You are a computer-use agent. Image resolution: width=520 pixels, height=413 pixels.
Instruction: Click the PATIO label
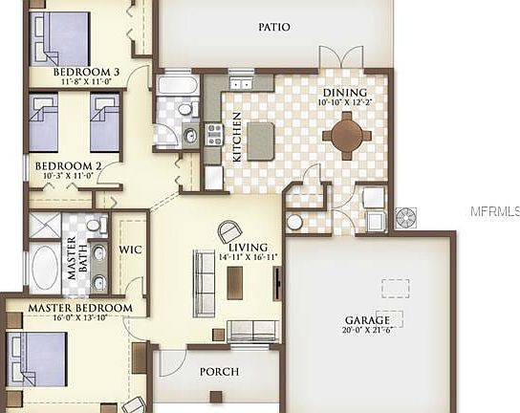point(274,28)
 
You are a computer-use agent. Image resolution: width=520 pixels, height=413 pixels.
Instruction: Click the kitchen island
point(261,140)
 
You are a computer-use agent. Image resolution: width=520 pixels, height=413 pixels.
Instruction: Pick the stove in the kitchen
point(214,134)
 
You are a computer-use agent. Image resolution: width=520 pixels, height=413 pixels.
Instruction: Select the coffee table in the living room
point(235,281)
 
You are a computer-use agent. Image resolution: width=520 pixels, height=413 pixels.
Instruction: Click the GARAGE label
point(367,320)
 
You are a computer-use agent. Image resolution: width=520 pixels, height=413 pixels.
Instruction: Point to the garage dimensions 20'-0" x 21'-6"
point(367,331)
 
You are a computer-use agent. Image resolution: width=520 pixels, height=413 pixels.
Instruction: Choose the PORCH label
point(219,371)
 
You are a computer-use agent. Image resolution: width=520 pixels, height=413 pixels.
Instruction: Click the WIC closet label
point(130,250)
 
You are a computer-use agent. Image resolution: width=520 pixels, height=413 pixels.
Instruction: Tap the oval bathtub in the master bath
point(45,269)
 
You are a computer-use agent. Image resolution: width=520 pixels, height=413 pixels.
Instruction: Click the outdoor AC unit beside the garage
point(406,216)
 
